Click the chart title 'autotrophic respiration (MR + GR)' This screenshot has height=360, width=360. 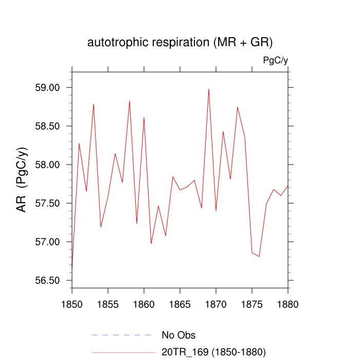[x=179, y=42]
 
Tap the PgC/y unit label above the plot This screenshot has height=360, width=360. [x=275, y=60]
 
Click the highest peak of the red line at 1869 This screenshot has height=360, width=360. [x=209, y=89]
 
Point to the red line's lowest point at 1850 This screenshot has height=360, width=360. [x=72, y=268]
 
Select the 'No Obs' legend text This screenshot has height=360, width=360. [x=178, y=335]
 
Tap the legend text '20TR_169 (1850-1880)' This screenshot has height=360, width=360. [x=213, y=352]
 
